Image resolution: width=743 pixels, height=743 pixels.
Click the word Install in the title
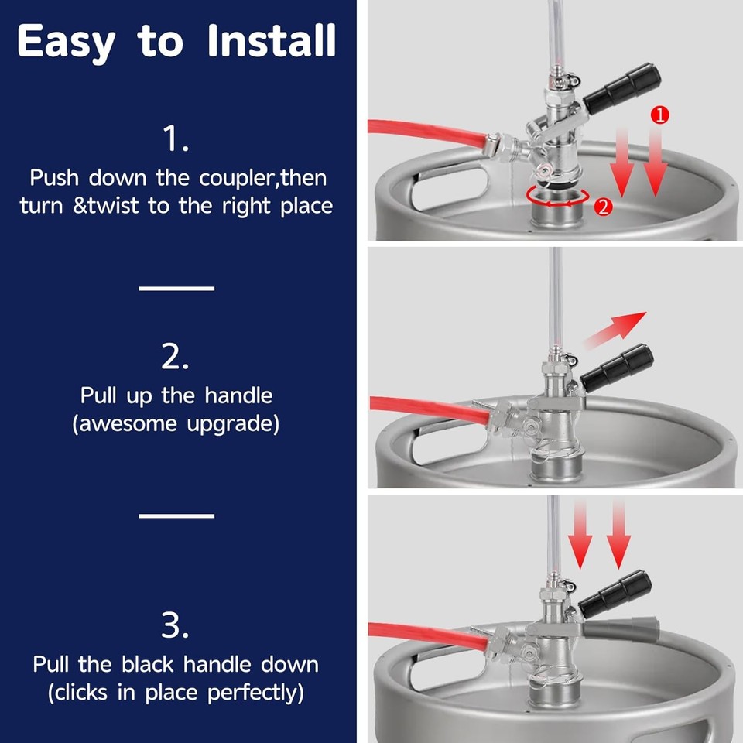pyautogui.click(x=272, y=41)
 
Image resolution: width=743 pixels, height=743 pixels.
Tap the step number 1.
pyautogui.click(x=176, y=140)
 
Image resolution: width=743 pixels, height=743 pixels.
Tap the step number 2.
pyautogui.click(x=176, y=357)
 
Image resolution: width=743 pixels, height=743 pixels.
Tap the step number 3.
pyautogui.click(x=176, y=625)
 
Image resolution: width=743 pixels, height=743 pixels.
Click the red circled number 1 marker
pyautogui.click(x=659, y=115)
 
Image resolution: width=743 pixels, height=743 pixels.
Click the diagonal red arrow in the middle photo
pyautogui.click(x=615, y=330)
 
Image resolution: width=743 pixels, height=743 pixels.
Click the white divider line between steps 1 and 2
pyautogui.click(x=176, y=288)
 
